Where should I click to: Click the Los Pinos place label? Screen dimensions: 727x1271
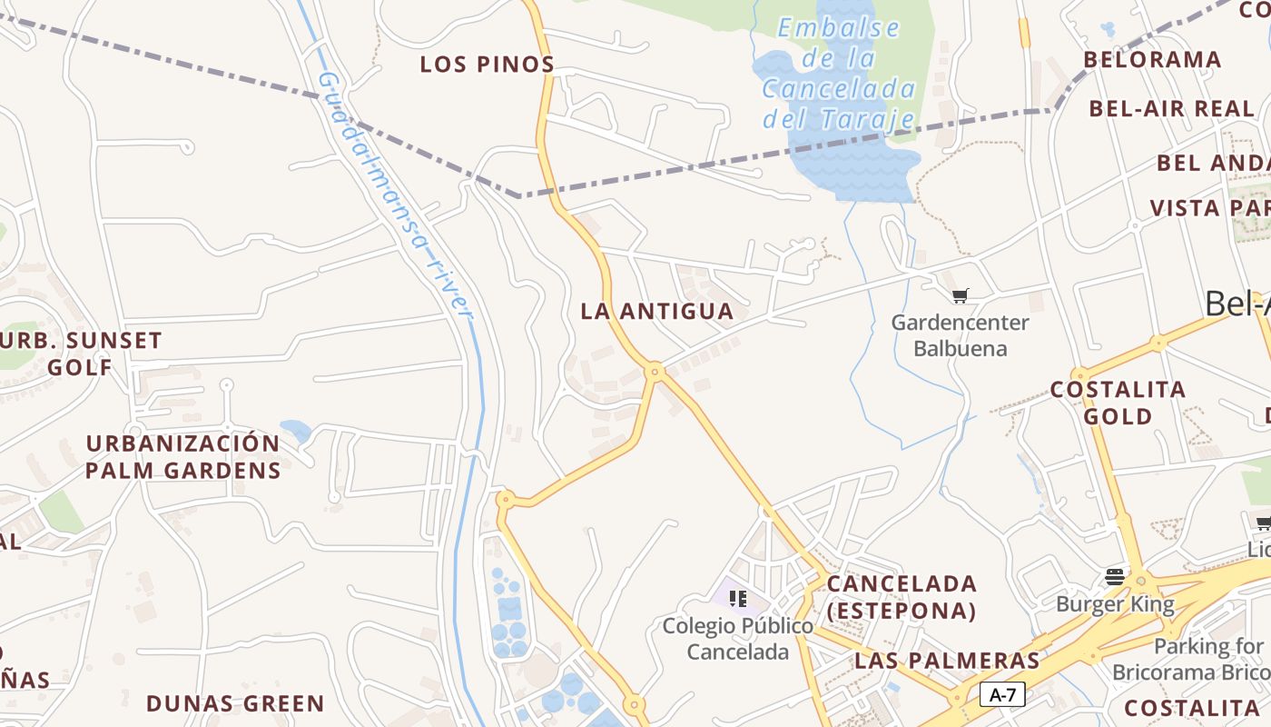point(488,65)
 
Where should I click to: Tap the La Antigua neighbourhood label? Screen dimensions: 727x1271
point(656,312)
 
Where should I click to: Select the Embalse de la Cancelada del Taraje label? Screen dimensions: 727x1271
point(838,74)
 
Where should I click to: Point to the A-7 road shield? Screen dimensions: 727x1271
point(1002,695)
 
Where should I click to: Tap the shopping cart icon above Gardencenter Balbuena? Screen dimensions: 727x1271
point(960,295)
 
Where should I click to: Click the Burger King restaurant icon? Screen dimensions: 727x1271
point(1115,577)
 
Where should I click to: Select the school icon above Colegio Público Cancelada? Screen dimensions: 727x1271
point(738,598)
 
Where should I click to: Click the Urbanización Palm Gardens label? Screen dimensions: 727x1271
point(182,457)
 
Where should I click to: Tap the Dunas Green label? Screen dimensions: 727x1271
point(235,704)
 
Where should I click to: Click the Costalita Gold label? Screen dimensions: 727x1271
point(1118,403)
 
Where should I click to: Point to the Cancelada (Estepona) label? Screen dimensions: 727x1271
point(902,597)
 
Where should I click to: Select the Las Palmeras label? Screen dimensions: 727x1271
point(947,661)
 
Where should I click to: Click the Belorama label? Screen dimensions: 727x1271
point(1152,60)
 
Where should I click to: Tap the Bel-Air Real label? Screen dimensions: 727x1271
point(1171,109)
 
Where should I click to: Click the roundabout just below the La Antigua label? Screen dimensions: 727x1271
point(655,371)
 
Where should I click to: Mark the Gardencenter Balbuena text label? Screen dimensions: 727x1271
point(960,335)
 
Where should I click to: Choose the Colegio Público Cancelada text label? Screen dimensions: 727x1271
point(737,639)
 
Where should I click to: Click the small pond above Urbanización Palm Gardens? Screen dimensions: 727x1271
point(295,429)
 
